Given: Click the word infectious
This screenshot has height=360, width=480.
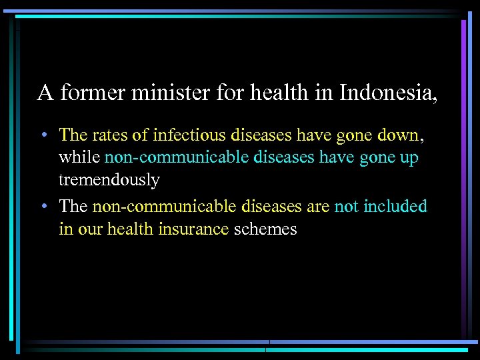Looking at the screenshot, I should pos(189,135).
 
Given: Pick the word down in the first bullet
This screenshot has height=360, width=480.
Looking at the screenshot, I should pos(398,135).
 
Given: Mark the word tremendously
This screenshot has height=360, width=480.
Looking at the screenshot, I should pos(109,180).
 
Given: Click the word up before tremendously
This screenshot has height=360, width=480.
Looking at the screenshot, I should pos(409,159).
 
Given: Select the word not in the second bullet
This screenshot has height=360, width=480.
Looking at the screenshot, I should pos(346,207).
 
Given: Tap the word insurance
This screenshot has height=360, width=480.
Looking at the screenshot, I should pos(193,229).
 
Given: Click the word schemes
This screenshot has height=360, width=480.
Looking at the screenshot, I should pos(265,229).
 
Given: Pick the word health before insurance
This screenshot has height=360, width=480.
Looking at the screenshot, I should pos(130,229).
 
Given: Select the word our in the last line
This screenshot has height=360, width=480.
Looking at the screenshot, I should pos(90,229).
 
